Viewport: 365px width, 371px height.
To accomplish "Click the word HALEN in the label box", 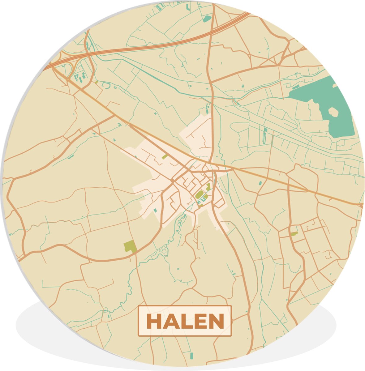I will [x=185, y=321].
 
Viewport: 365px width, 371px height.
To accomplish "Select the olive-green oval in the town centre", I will [x=200, y=194].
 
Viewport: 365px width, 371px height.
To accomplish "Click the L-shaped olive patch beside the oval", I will [x=208, y=187].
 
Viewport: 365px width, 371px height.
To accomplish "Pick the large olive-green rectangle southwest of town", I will [x=130, y=246].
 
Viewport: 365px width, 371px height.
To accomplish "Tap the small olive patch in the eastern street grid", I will [x=294, y=234].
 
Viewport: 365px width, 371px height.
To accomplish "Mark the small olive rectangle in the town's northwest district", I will [x=165, y=157].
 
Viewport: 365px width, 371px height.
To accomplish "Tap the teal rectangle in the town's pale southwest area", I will [x=155, y=211].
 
